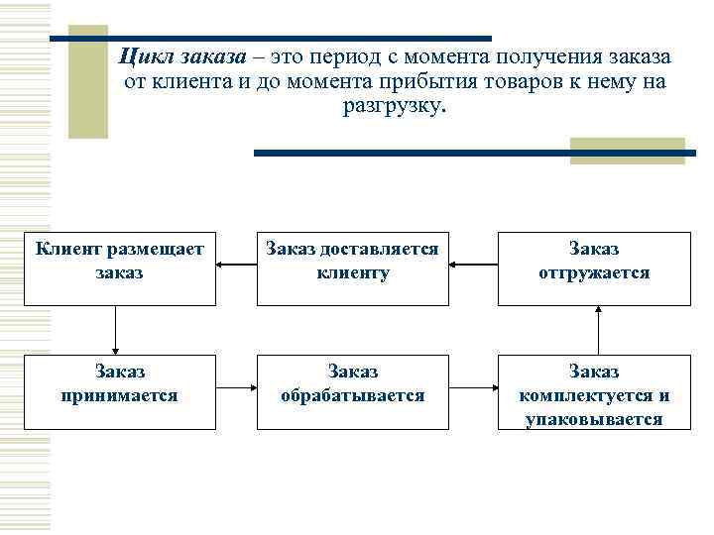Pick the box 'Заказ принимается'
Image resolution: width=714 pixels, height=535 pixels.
[x=119, y=391]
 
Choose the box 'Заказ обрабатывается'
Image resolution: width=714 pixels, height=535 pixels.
[x=352, y=391]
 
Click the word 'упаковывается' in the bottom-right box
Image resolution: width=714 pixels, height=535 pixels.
[x=593, y=419]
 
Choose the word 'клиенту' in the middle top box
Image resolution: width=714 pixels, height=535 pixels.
[x=353, y=272]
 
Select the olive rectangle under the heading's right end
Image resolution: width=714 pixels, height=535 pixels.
[x=627, y=151]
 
